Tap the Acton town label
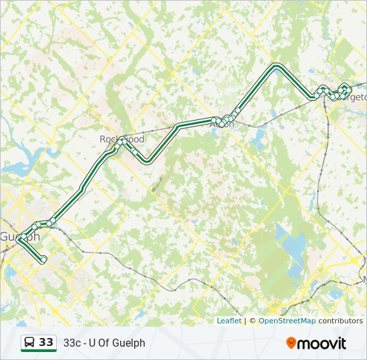(222, 123)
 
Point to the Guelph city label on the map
(19, 237)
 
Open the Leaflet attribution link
(229, 321)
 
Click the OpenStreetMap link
(287, 321)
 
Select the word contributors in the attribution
(340, 321)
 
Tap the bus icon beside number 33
(30, 343)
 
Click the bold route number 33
(46, 343)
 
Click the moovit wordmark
(322, 343)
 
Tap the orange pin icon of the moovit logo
(291, 343)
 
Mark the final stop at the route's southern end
(44, 259)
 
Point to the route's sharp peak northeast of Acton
(276, 65)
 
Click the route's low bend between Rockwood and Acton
(147, 161)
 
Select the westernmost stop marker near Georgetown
(316, 96)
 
